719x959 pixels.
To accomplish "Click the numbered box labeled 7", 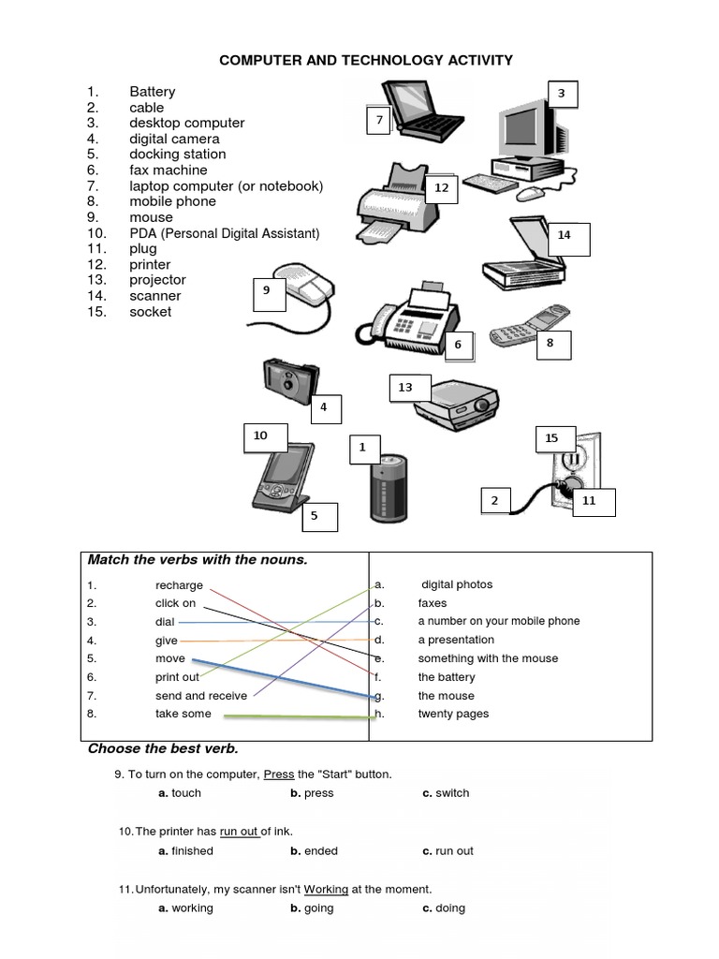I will click(379, 120).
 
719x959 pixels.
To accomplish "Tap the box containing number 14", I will click(564, 240).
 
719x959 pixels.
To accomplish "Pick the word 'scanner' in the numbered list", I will click(154, 296).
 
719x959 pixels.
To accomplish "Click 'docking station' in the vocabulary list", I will click(177, 155).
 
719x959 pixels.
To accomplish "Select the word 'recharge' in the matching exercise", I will click(179, 585).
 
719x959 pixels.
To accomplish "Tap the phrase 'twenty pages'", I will click(453, 714).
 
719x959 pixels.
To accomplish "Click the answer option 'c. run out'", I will click(448, 851).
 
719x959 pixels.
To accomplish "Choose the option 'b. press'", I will click(312, 793).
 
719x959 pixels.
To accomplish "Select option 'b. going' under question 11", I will click(312, 908).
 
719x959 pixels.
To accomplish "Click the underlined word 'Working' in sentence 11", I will click(326, 889).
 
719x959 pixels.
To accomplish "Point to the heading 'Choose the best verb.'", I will click(163, 749).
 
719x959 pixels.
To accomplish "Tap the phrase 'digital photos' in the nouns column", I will click(456, 584).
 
